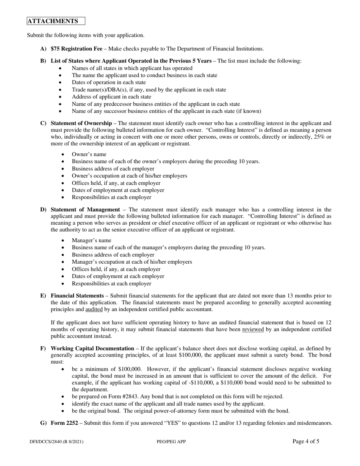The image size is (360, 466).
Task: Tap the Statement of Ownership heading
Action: [81, 123]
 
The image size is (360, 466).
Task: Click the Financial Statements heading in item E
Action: [77, 296]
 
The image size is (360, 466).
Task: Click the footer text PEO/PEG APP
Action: [171, 442]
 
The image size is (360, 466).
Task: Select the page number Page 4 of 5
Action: [306, 441]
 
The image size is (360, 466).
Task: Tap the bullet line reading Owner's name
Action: [89, 154]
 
